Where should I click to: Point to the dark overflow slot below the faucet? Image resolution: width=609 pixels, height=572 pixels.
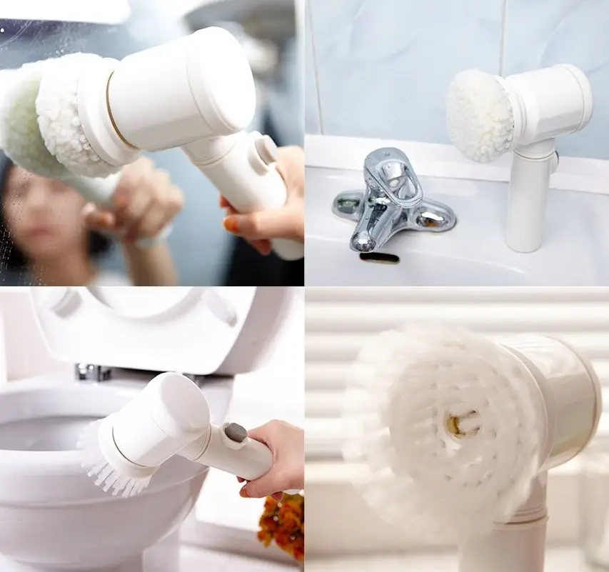tap(379, 256)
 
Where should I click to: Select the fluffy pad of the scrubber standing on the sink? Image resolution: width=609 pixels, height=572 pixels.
tap(479, 115)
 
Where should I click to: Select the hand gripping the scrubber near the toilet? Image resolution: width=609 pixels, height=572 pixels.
tap(275, 457)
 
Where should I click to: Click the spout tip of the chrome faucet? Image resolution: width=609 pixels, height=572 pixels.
tap(363, 243)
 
